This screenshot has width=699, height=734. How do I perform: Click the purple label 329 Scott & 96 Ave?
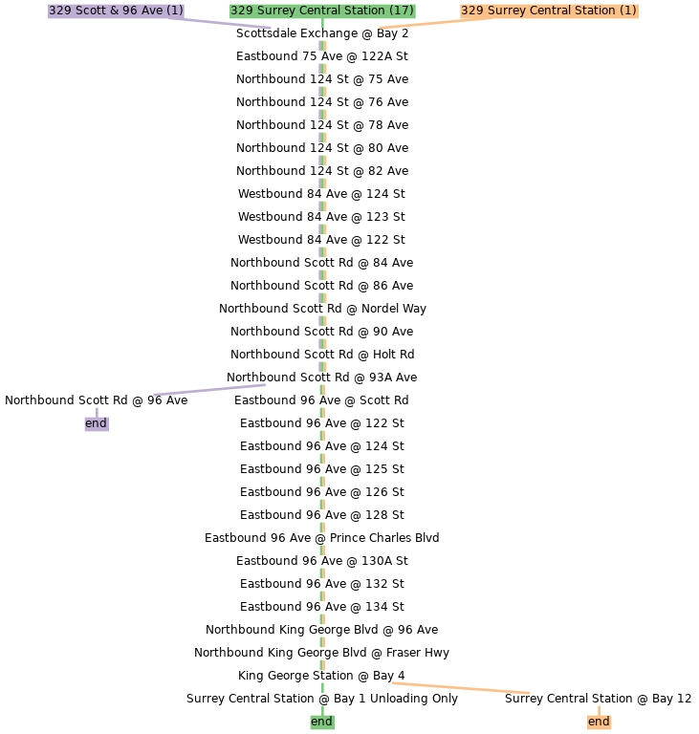coord(116,11)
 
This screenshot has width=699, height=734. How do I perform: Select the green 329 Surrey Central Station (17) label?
coord(322,11)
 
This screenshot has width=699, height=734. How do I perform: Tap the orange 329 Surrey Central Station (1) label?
coord(548,11)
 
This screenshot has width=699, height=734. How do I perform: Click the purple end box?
coord(96,423)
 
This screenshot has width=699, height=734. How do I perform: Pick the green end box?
coord(321,722)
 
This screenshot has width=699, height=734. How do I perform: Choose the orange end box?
coord(599,722)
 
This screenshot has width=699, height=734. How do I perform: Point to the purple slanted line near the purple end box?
coord(209,389)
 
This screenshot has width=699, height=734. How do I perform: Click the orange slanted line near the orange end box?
coord(461,687)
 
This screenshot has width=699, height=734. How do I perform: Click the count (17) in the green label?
coord(402,11)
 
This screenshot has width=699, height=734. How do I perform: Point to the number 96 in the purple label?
coord(129,11)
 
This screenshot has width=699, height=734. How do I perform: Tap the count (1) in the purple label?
coord(174,11)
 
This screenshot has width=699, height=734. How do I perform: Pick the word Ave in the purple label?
coord(152,11)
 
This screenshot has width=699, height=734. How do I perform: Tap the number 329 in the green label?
coord(242,11)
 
